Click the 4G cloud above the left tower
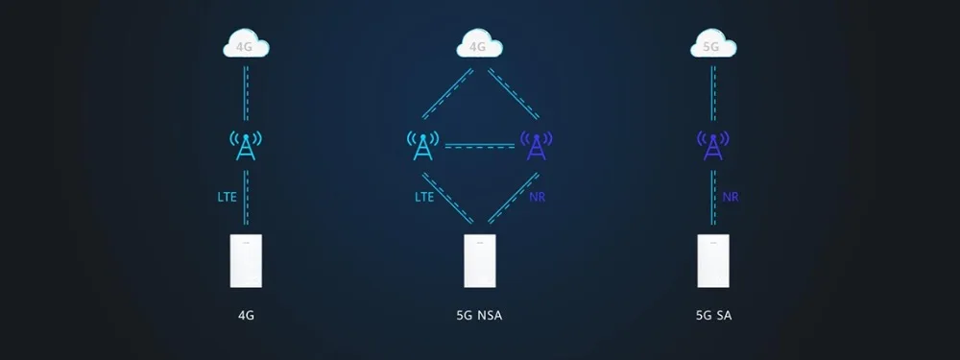(x=246, y=43)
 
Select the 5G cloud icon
(x=713, y=43)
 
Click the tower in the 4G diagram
(x=246, y=145)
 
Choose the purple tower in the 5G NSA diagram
(x=537, y=145)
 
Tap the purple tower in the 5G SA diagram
(x=713, y=145)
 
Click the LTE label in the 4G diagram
(x=227, y=198)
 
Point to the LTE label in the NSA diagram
(x=424, y=198)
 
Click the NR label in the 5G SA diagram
(x=732, y=198)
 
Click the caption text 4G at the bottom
(x=246, y=315)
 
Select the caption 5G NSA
(x=480, y=315)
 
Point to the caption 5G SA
(x=713, y=315)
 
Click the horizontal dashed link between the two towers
(x=479, y=146)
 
